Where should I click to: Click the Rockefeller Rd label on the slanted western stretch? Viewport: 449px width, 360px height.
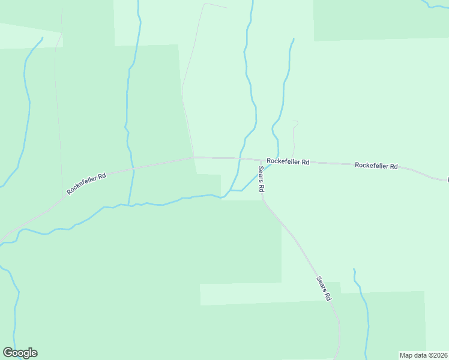[86, 184]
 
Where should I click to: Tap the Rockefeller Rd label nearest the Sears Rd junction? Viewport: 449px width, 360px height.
[288, 161]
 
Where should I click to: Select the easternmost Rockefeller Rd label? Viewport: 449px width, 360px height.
[376, 165]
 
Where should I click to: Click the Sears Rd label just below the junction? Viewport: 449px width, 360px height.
[262, 179]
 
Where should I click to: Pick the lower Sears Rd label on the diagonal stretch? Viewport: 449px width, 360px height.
[324, 288]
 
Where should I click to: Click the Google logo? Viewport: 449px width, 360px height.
[20, 353]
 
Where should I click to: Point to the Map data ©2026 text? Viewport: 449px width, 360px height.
[424, 355]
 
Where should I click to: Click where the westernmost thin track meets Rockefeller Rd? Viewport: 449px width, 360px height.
[62, 196]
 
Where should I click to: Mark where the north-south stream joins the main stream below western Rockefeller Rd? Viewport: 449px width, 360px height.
[128, 205]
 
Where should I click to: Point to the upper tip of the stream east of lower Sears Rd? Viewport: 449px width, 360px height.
[354, 269]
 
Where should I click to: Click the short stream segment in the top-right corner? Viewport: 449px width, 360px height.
[435, 6]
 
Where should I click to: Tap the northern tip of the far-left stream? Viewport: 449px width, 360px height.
[42, 38]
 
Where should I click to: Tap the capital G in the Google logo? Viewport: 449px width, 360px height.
[8, 353]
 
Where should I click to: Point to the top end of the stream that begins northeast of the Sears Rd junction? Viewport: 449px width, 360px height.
[293, 40]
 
